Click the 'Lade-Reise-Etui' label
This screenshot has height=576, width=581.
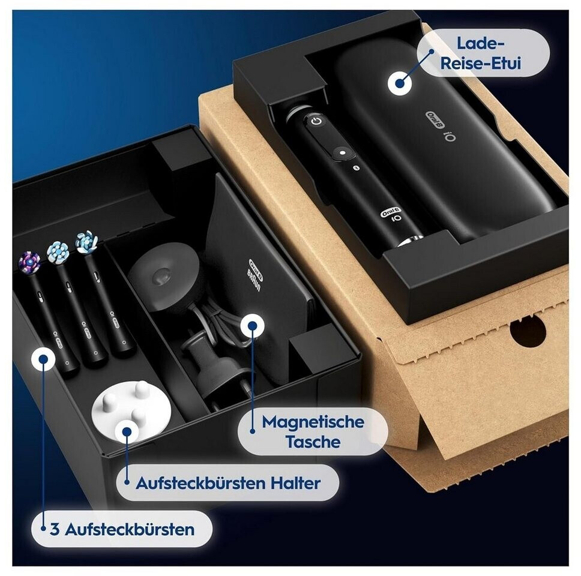(x=481, y=53)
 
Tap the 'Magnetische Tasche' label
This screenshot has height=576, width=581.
(x=313, y=431)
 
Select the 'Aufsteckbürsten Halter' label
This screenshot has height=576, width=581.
(x=228, y=482)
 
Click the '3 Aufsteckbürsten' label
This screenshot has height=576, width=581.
(x=122, y=529)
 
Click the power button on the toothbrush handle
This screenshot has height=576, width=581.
(x=316, y=121)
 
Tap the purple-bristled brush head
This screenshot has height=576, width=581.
(x=29, y=260)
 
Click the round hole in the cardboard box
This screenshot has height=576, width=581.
(x=528, y=332)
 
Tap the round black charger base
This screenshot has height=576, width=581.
(x=163, y=277)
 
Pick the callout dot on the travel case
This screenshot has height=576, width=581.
(x=400, y=83)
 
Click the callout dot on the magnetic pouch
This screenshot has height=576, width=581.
(x=252, y=325)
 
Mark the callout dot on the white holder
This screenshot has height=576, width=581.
(x=127, y=432)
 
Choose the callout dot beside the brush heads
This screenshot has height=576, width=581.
(x=43, y=359)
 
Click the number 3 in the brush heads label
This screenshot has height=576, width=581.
(x=55, y=529)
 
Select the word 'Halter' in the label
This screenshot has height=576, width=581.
(x=295, y=482)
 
